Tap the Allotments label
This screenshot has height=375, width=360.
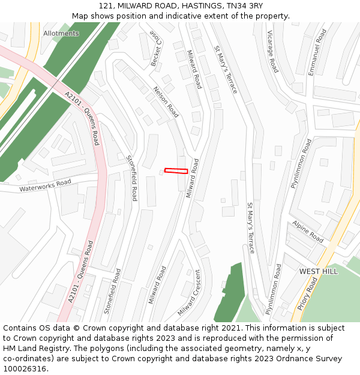[61, 34]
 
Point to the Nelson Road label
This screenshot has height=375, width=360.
[166, 102]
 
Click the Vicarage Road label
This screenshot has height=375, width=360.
[273, 52]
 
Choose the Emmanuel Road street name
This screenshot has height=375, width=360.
[317, 52]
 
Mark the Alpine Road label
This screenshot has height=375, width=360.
[308, 232]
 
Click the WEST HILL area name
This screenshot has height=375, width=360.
[318, 272]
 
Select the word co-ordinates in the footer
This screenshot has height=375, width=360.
[26, 359]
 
